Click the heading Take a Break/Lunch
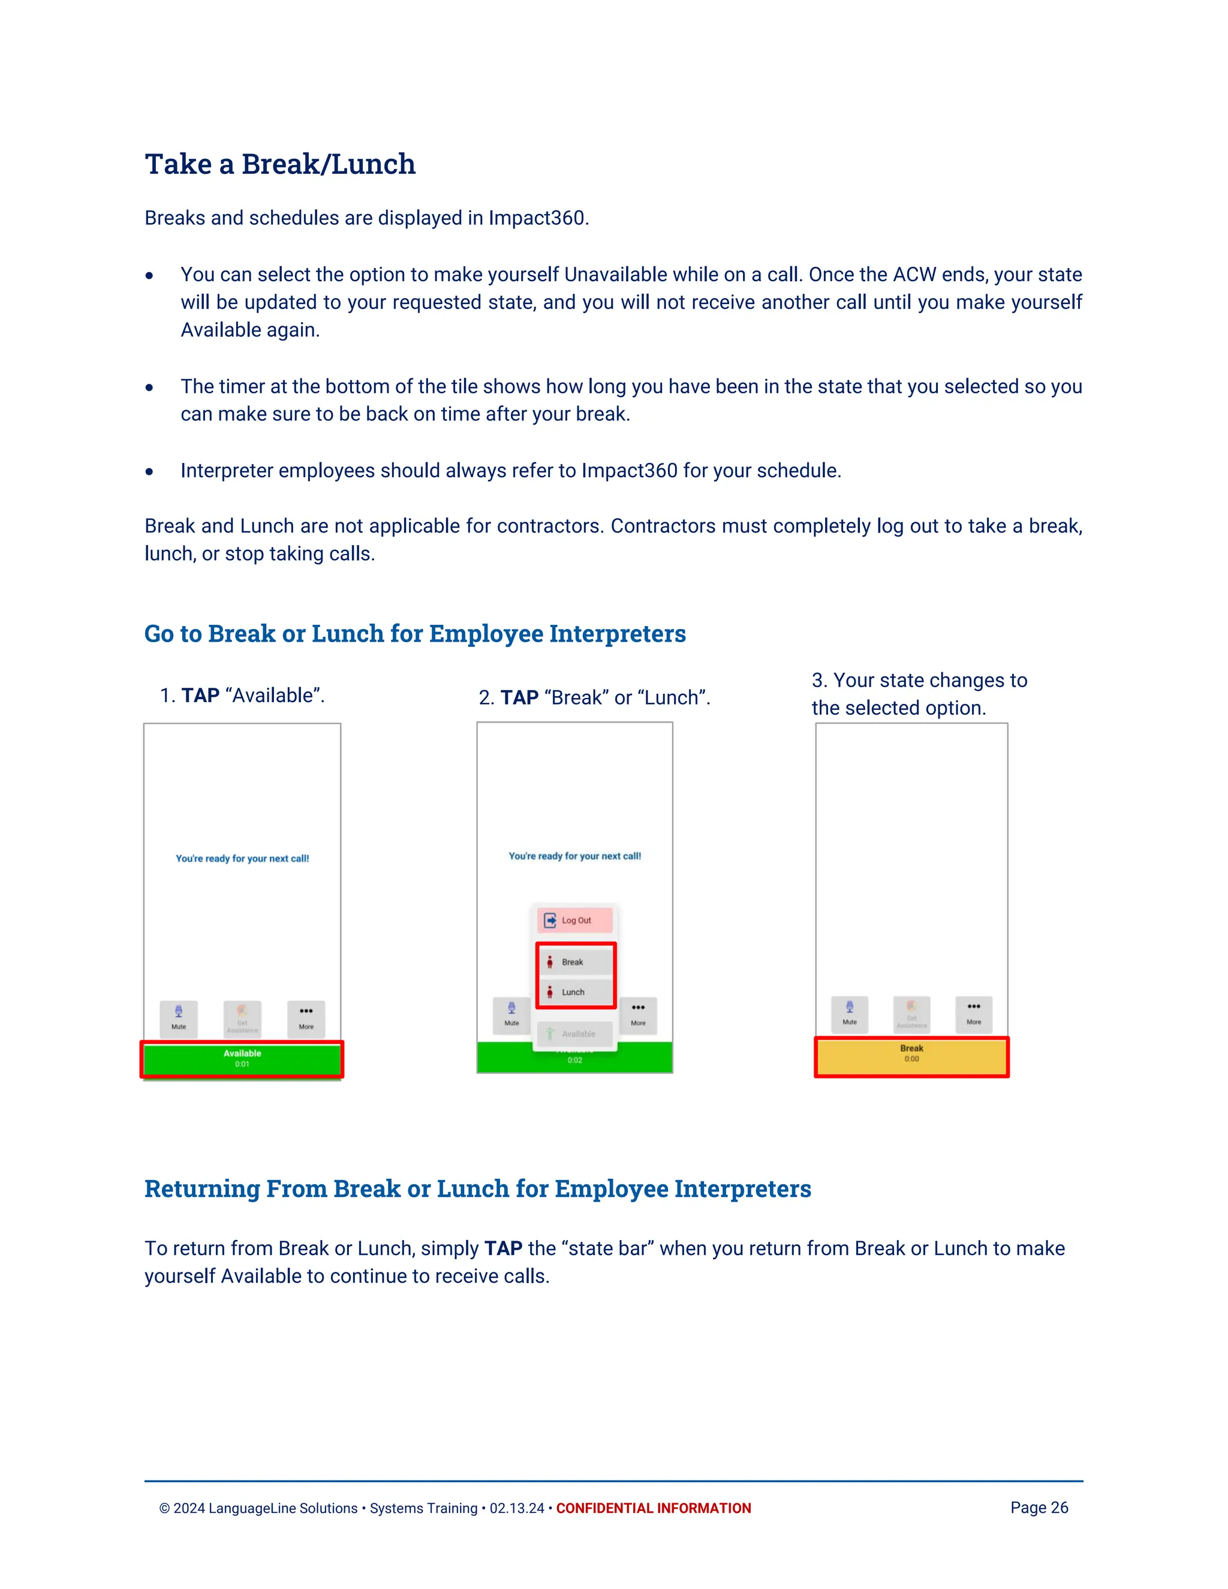click(280, 164)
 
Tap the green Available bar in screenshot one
click(242, 1058)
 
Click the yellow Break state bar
click(911, 1057)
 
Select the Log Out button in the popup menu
click(574, 920)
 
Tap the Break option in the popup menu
click(574, 962)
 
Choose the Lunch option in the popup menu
click(574, 992)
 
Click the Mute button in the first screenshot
click(179, 1017)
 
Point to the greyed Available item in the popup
click(574, 1034)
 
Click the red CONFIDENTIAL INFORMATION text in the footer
click(654, 1508)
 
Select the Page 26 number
click(1039, 1507)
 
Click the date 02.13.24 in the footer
click(516, 1508)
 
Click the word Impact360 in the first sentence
click(536, 218)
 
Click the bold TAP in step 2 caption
click(519, 698)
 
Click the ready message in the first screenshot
click(242, 859)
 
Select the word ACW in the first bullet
click(914, 275)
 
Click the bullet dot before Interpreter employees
click(149, 471)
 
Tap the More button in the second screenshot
click(638, 1013)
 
